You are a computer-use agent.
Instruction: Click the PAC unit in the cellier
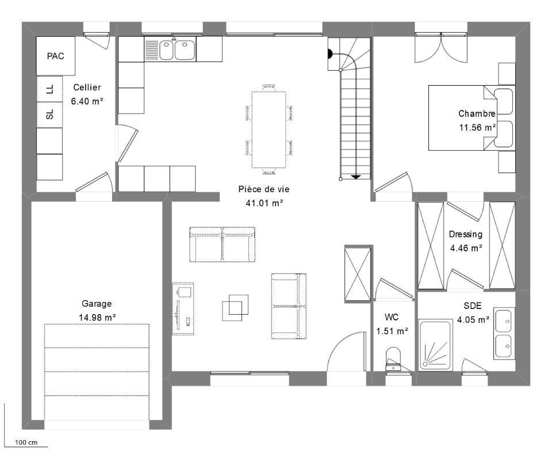tap(56, 56)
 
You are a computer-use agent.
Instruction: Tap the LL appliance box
tap(49, 89)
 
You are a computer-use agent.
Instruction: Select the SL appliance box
tap(49, 115)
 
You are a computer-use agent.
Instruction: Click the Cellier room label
tap(87, 87)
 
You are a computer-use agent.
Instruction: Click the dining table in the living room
tap(269, 129)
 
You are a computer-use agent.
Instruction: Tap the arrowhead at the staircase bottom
tap(356, 177)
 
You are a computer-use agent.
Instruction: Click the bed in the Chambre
tap(471, 117)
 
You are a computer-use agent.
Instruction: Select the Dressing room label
tap(465, 234)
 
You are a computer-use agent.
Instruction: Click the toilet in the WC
tap(393, 359)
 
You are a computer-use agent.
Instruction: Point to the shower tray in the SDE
tap(435, 345)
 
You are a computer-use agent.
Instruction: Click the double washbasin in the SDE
tap(504, 334)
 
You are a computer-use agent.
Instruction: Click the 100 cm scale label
tap(26, 442)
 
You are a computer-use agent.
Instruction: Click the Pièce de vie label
tap(264, 189)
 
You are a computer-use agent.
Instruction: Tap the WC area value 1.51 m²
tap(392, 331)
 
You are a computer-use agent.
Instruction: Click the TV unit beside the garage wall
tap(183, 309)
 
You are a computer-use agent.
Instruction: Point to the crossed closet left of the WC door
tap(358, 274)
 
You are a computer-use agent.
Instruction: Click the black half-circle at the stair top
tap(330, 54)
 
